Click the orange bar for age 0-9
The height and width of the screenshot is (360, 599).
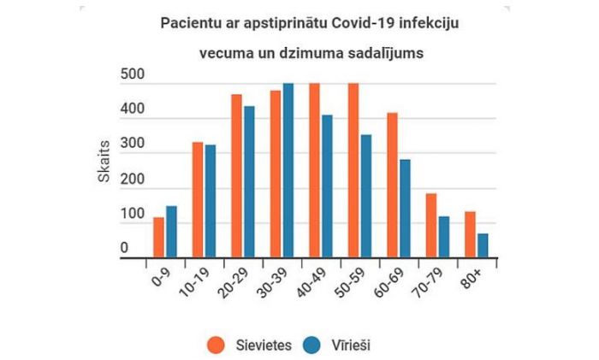(x=158, y=237)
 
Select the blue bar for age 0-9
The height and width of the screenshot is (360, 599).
(x=171, y=231)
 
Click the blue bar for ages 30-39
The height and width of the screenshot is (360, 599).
(x=288, y=170)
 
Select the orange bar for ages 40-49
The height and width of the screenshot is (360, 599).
(x=314, y=170)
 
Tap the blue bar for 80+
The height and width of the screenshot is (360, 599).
(x=483, y=245)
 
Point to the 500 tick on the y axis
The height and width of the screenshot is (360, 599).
(x=130, y=78)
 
